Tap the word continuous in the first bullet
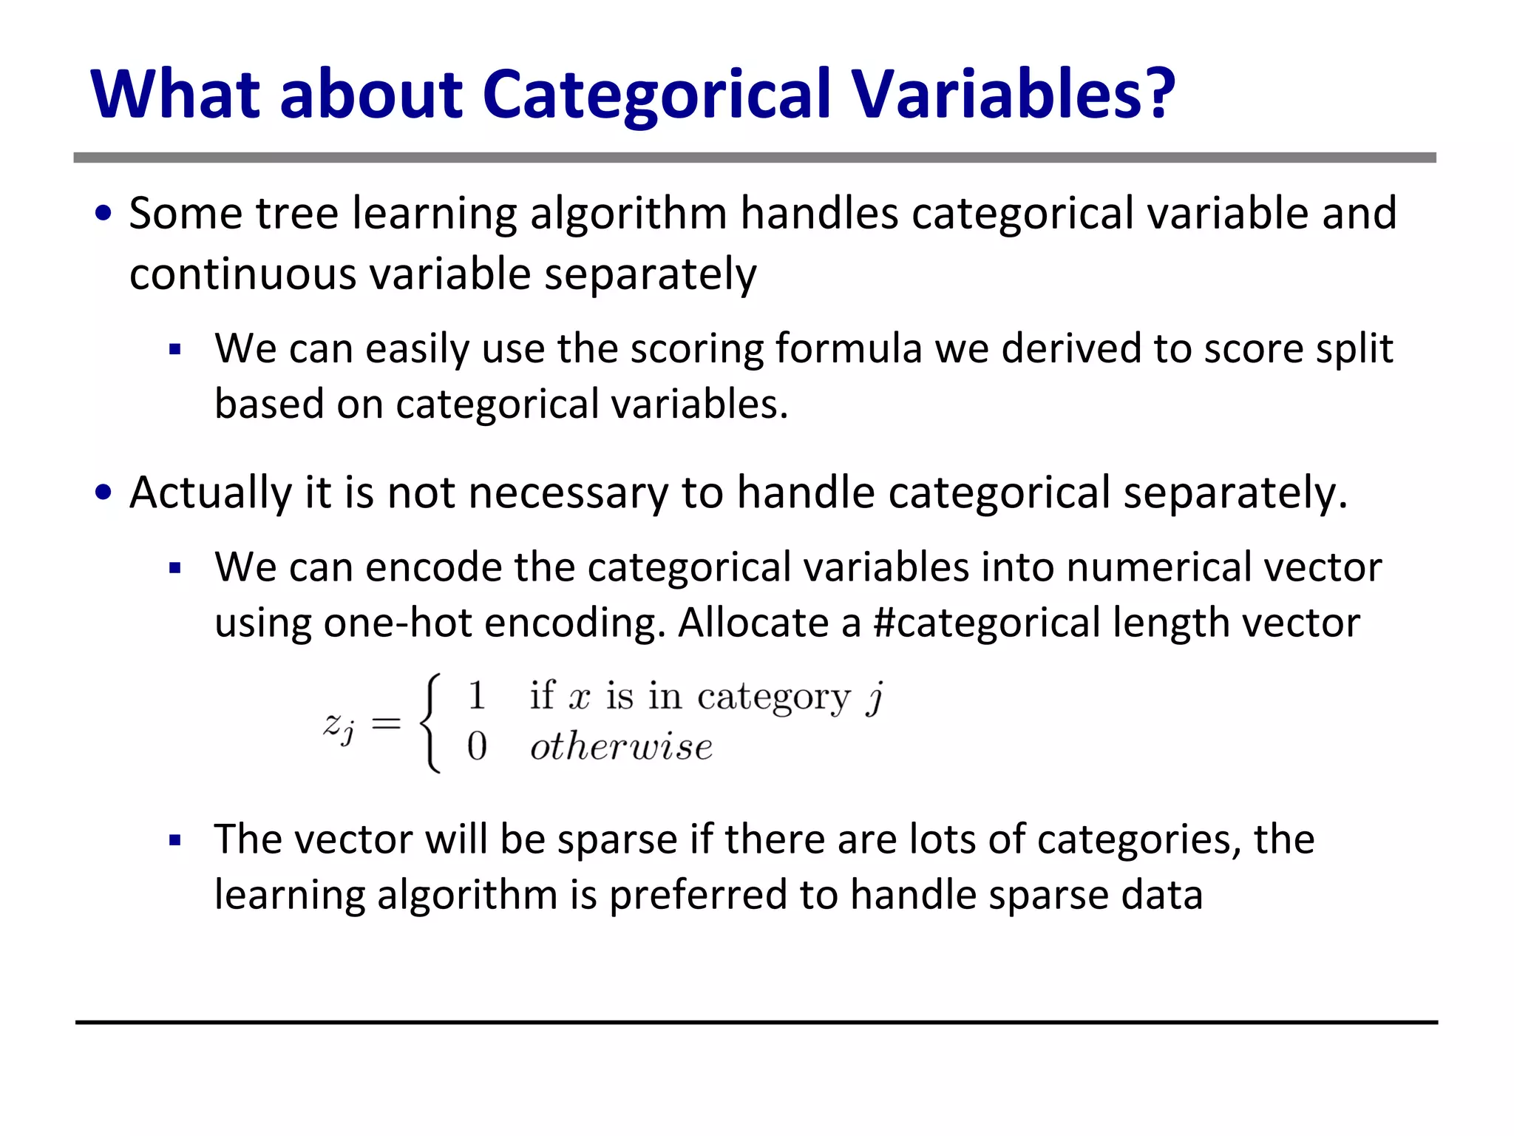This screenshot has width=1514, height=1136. pyautogui.click(x=242, y=274)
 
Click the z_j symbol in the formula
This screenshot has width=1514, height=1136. pyautogui.click(x=339, y=725)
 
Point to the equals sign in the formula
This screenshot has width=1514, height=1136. pyautogui.click(x=386, y=723)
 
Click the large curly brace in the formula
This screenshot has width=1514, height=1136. pyautogui.click(x=430, y=723)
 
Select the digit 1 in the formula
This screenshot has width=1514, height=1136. pyautogui.click(x=477, y=696)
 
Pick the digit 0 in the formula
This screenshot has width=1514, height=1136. pyautogui.click(x=477, y=745)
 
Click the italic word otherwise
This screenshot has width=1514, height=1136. pyautogui.click(x=621, y=747)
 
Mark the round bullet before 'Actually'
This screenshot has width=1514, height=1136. pyautogui.click(x=103, y=493)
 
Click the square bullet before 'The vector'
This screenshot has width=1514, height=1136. pyautogui.click(x=175, y=840)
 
